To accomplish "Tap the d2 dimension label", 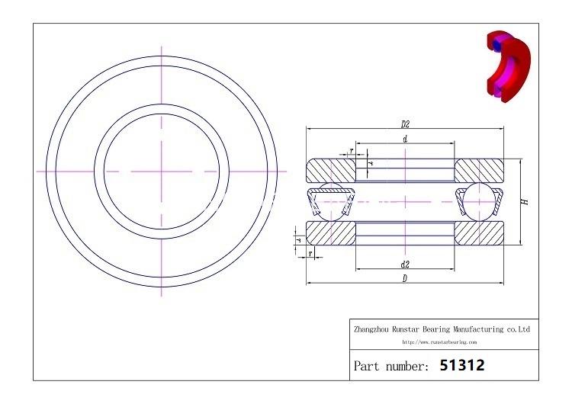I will click(x=405, y=264).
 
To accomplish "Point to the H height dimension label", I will click(x=525, y=202).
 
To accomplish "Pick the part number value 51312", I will click(x=462, y=366).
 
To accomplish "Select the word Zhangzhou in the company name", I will click(x=371, y=329).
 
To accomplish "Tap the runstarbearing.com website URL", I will click(x=439, y=342).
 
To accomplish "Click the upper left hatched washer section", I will click(x=329, y=169).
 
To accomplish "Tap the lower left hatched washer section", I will click(x=329, y=232).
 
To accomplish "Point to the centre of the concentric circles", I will click(x=162, y=171).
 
